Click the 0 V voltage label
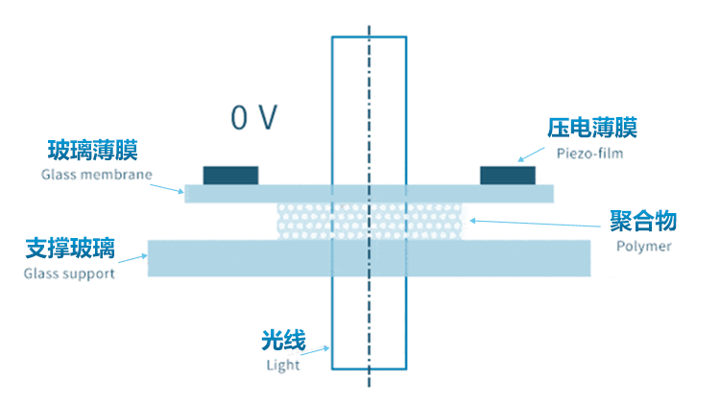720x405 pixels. point(254,118)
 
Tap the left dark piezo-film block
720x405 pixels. point(230,175)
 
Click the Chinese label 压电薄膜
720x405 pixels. point(592,128)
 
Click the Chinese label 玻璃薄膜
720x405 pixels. point(93,151)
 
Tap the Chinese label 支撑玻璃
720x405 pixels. point(70,250)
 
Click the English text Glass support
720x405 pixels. point(69,274)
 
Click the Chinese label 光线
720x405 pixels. point(283,341)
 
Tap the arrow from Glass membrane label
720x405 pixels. point(172,186)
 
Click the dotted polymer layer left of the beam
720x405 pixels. point(302,221)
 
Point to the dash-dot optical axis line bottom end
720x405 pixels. point(370,387)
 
